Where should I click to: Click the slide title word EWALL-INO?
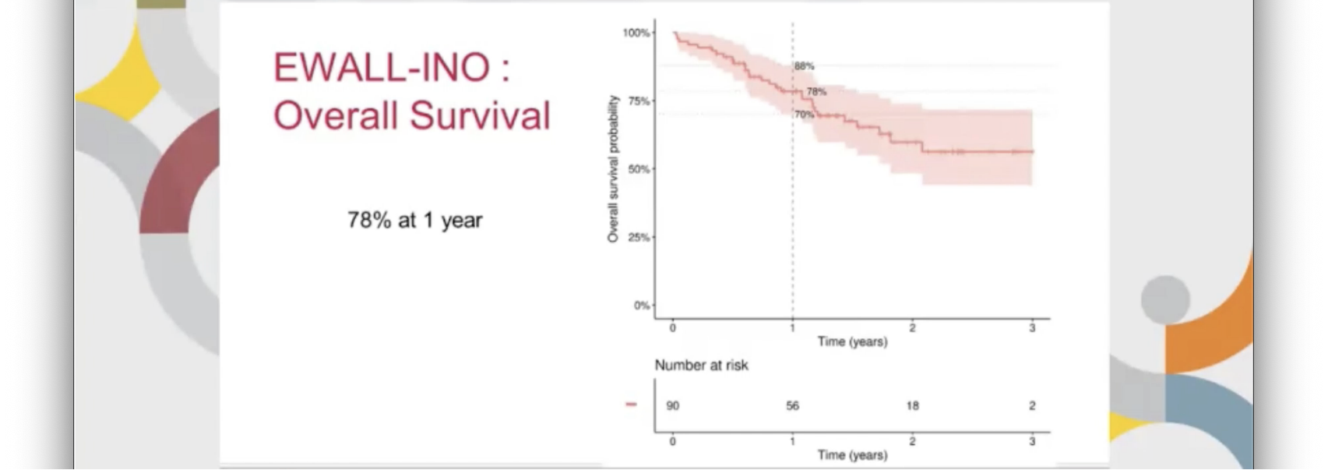[x=382, y=68]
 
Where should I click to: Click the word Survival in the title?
[x=480, y=116]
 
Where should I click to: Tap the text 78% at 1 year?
[x=414, y=221]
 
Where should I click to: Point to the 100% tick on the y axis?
[x=636, y=33]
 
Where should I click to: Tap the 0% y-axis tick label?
[x=641, y=306]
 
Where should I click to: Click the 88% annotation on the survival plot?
[x=805, y=66]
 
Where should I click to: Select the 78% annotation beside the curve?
[x=816, y=92]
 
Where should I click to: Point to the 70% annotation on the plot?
[x=804, y=115]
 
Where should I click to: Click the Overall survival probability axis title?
[x=613, y=168]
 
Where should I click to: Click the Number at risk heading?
[x=701, y=366]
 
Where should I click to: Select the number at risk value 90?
[x=673, y=406]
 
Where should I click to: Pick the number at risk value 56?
[x=792, y=406]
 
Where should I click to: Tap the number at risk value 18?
[x=912, y=406]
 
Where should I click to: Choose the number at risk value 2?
[x=1032, y=406]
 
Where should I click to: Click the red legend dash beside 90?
[x=631, y=405]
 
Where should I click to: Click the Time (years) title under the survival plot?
[x=852, y=341]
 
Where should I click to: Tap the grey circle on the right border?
[x=1165, y=299]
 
